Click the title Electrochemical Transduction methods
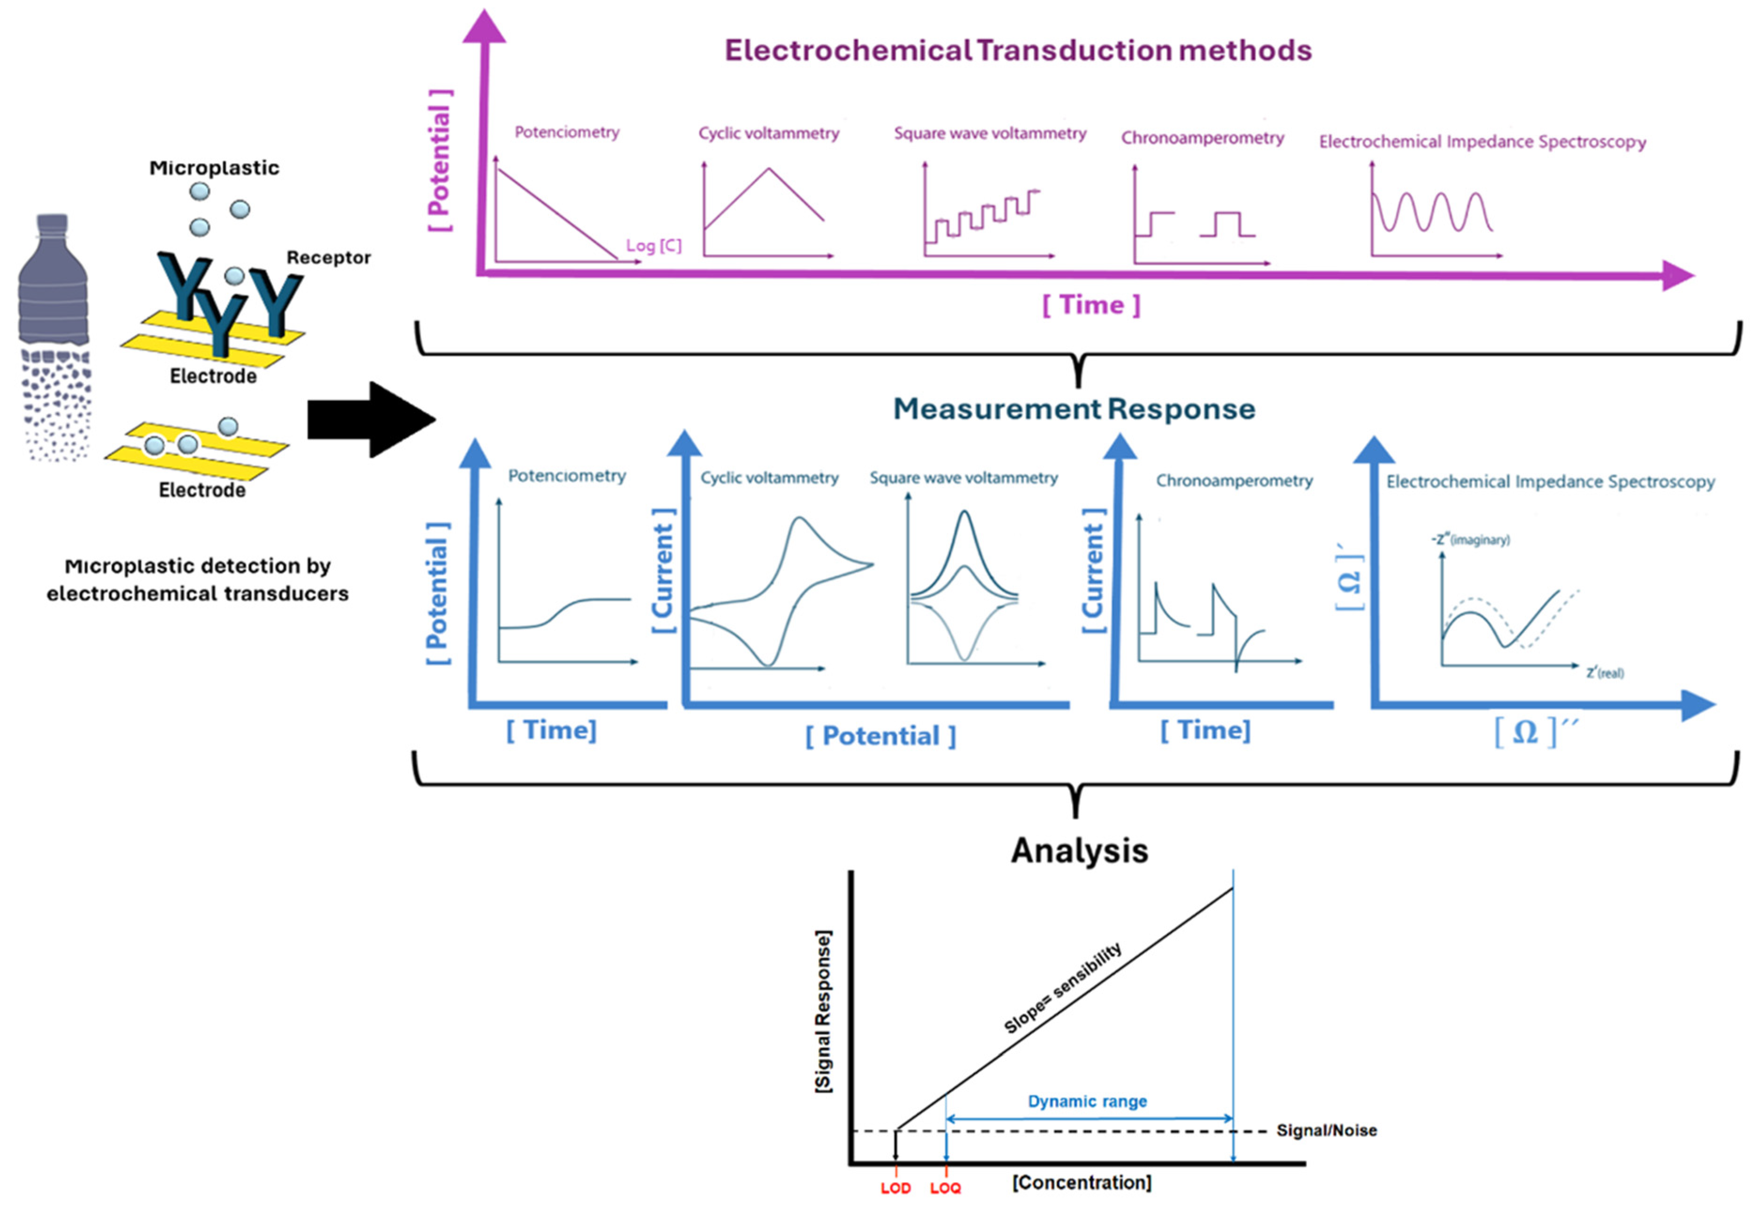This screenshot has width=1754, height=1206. (x=1018, y=51)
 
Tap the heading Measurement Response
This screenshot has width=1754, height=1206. (x=1074, y=409)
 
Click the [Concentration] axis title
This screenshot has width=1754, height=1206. (x=1082, y=1183)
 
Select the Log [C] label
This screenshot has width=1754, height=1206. (x=653, y=246)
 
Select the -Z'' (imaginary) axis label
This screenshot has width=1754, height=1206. (x=1470, y=540)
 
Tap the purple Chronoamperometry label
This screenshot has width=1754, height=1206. (x=1202, y=138)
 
